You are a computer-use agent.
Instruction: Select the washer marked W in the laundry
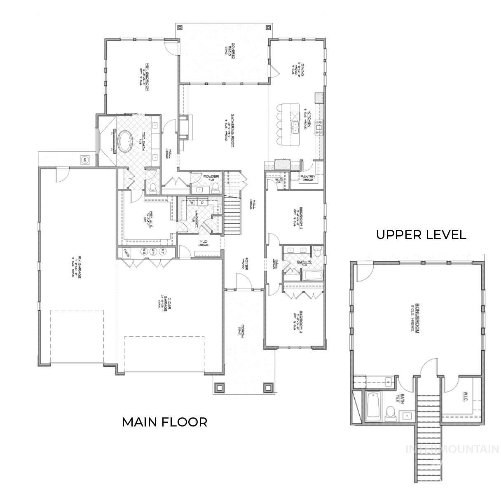[192, 203]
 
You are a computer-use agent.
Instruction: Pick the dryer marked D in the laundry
[202, 203]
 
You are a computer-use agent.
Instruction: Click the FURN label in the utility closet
[126, 252]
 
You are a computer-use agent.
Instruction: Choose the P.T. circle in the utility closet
[163, 251]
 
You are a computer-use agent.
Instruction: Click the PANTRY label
[308, 177]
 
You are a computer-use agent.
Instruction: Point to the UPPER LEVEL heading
[421, 235]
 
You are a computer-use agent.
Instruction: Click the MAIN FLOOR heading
[164, 422]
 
